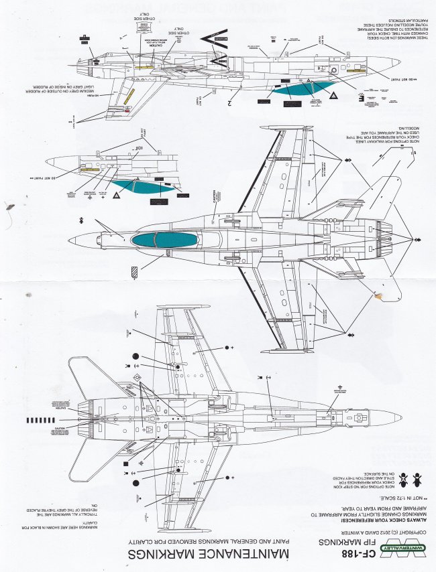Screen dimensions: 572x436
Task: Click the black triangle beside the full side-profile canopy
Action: click(x=333, y=97)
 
